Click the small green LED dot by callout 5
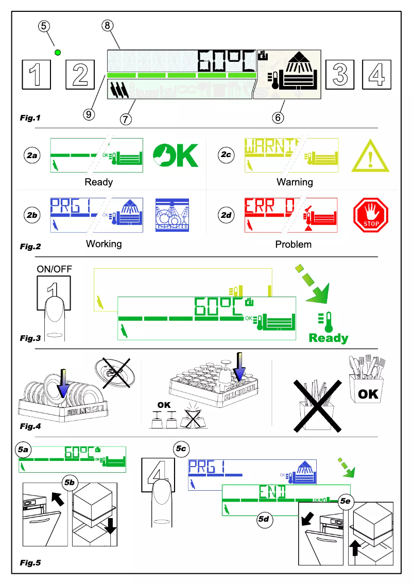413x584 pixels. (x=58, y=52)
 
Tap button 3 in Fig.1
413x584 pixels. (x=339, y=74)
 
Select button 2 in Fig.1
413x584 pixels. (x=80, y=74)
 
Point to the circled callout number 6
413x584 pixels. (x=278, y=117)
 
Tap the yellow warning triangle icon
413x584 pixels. (x=370, y=157)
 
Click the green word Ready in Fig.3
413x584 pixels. (x=328, y=338)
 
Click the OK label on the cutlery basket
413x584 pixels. (x=368, y=394)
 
